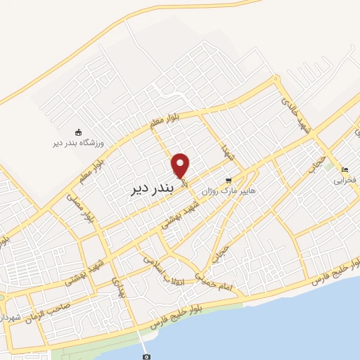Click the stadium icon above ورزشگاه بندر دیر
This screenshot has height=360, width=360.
(x=79, y=131)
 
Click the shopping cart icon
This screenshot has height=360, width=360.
(x=228, y=180)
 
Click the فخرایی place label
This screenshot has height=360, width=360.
(x=344, y=180)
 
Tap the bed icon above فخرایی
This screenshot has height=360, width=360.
(x=344, y=169)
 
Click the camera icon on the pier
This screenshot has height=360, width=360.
(x=146, y=356)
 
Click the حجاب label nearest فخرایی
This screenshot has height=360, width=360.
(x=317, y=164)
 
